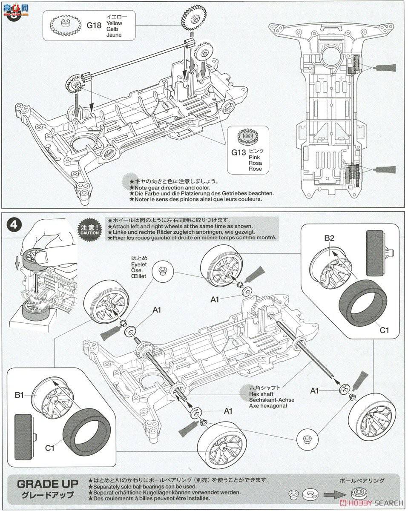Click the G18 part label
pos(94,25)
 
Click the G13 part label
pos(238,152)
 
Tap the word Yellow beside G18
pos(114,23)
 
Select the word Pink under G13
pos(254,157)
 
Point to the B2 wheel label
pos(330,238)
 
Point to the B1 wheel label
pos(19,395)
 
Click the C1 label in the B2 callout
pos(385,329)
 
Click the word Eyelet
pos(139,264)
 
